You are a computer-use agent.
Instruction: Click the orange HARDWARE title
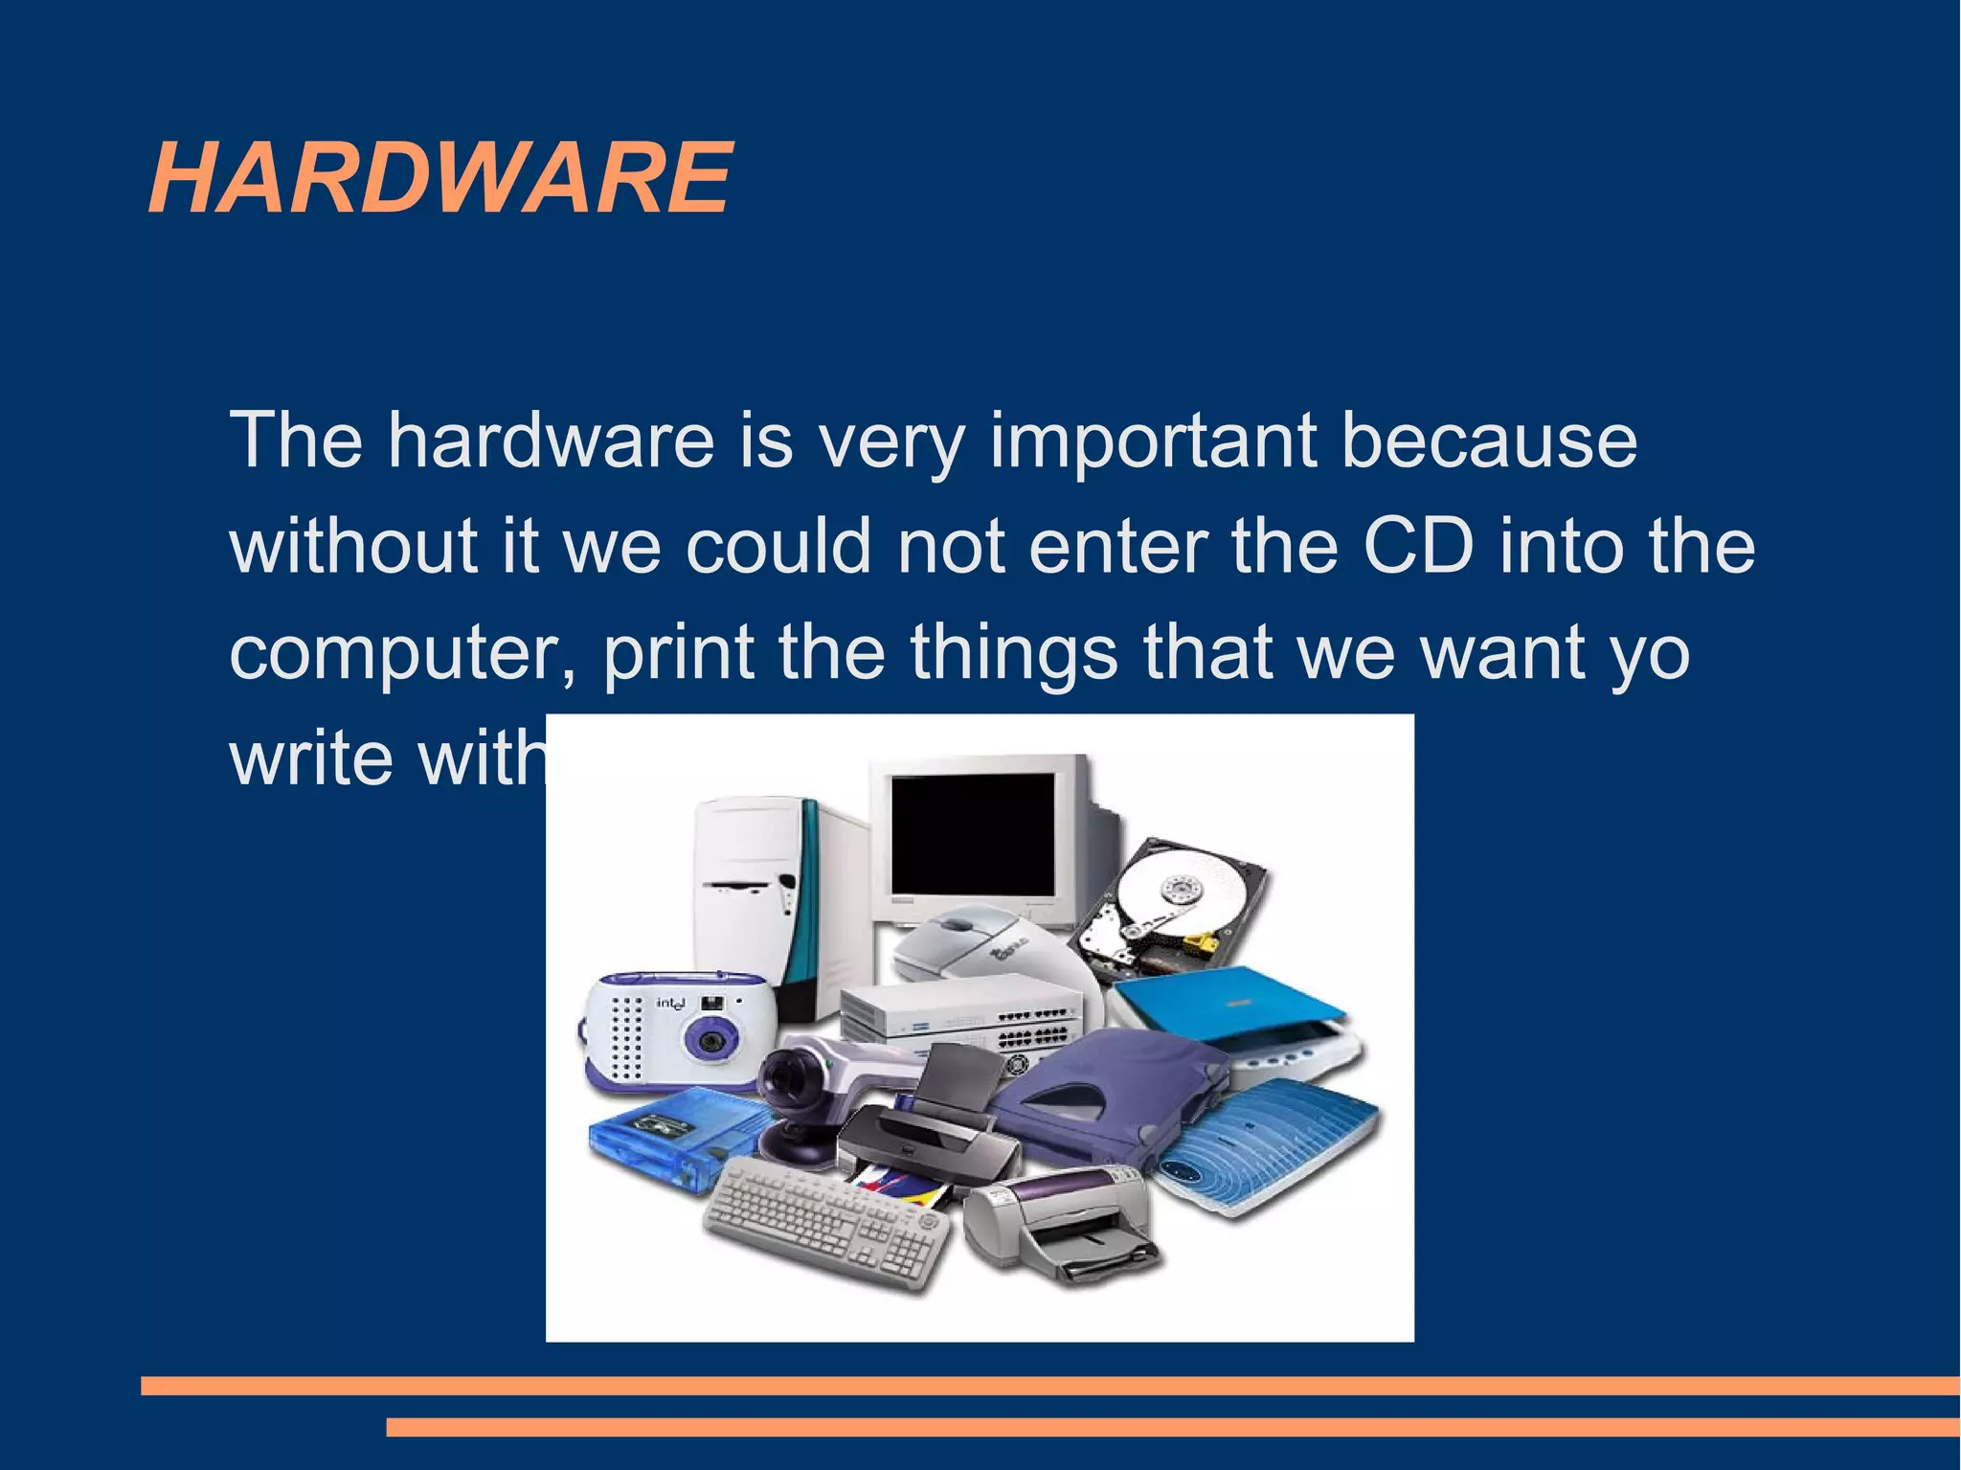pyautogui.click(x=440, y=178)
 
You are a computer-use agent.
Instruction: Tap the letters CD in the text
pyautogui.click(x=1418, y=546)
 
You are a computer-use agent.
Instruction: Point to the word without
pyautogui.click(x=353, y=546)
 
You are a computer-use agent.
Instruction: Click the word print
pyautogui.click(x=679, y=652)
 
